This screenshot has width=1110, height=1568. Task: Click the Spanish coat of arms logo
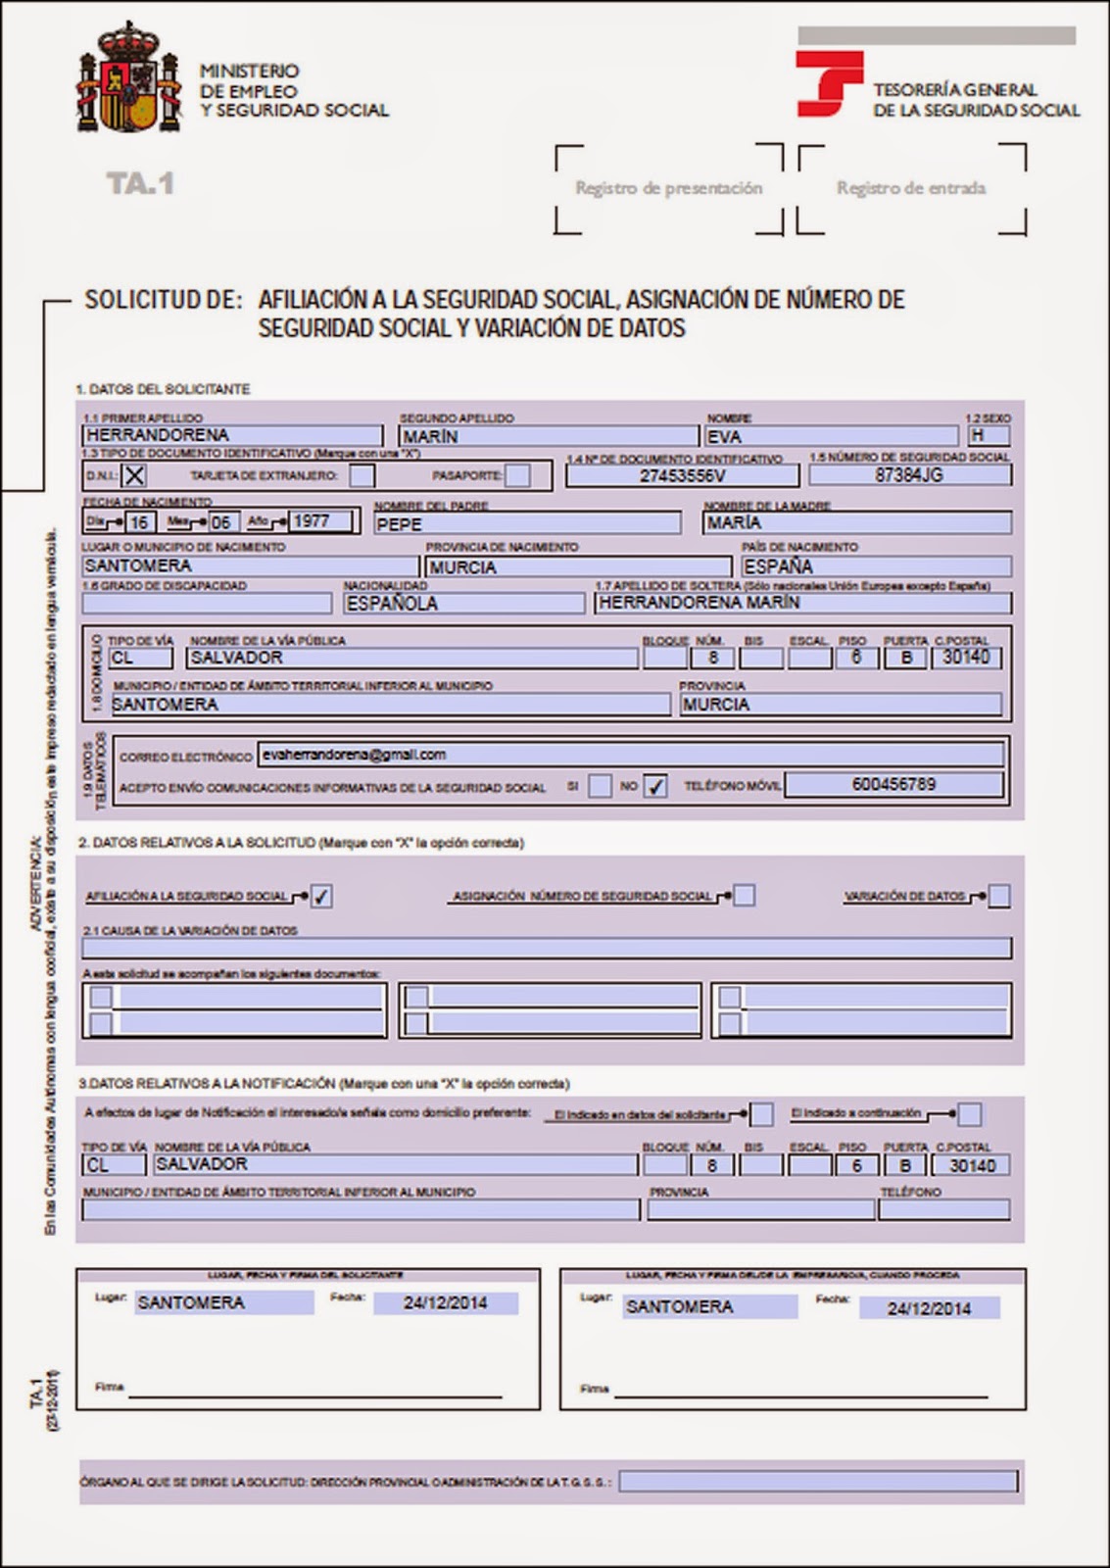[x=129, y=79]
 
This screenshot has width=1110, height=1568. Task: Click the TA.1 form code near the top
[x=139, y=183]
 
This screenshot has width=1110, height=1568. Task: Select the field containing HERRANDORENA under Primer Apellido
[x=232, y=435]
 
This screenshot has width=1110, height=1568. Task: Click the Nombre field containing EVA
[x=830, y=436]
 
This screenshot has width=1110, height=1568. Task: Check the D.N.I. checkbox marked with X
[x=134, y=475]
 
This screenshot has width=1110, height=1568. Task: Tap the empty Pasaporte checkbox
[x=518, y=475]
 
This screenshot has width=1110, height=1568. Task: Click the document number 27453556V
[x=682, y=475]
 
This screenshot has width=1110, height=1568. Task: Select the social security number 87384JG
[x=909, y=474]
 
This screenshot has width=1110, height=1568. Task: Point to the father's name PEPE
[x=527, y=523]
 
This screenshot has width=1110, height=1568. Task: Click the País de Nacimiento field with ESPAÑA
[x=875, y=566]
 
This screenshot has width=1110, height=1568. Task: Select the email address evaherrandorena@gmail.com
[x=355, y=754]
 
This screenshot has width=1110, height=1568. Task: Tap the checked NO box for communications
[x=655, y=786]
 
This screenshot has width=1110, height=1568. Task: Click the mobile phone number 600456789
[x=893, y=784]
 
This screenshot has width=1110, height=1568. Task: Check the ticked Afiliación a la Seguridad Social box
[x=321, y=896]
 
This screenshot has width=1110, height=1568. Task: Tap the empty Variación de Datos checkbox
[x=998, y=896]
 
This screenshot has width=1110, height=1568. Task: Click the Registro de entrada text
[x=911, y=188]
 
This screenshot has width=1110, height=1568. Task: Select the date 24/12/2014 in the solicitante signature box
[x=446, y=1302]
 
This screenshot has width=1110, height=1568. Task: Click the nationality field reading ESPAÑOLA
[x=463, y=603]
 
